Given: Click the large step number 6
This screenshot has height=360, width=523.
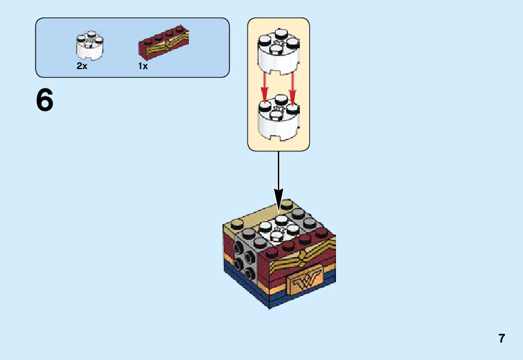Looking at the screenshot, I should click(45, 100).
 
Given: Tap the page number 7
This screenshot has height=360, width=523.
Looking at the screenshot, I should click(501, 339).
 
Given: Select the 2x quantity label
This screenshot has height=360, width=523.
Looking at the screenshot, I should click(82, 66).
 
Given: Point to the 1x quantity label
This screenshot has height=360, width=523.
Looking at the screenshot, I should click(143, 66).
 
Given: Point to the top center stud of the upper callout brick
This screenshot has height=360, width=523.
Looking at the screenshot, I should click(278, 34).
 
